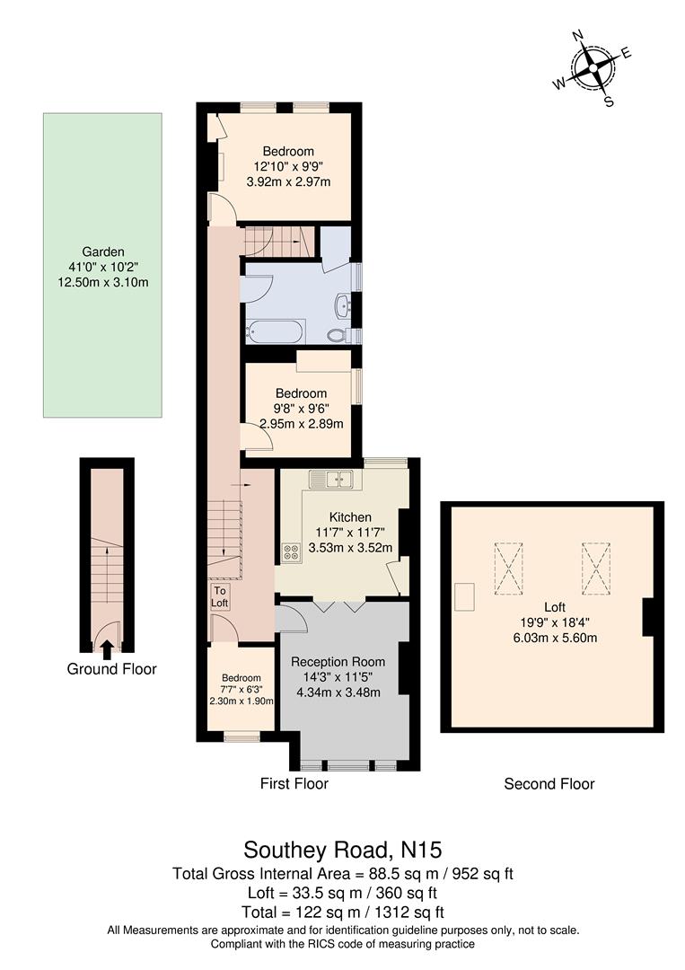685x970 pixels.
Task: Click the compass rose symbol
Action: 593,68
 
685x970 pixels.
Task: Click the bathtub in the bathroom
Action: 276,331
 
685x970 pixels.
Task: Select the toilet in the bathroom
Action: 338,336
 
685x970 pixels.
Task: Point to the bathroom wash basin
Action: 343,304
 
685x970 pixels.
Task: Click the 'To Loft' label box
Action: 220,596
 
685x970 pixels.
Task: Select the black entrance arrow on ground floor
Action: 107,646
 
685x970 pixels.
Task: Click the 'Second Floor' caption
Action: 549,784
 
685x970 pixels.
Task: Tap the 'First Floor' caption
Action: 294,784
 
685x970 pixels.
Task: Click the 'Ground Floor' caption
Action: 112,669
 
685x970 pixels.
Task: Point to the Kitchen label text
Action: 350,517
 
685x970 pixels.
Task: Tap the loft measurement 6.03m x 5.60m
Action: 549,639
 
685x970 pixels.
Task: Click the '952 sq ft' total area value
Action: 485,873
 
